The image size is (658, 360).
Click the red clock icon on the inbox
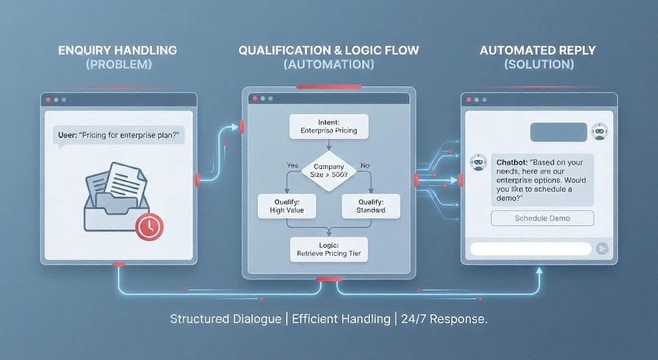point(150,227)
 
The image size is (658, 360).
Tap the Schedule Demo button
point(542,218)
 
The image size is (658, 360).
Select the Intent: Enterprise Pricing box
point(328,125)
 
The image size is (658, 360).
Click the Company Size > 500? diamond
point(328,169)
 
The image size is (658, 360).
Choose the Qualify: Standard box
point(371,205)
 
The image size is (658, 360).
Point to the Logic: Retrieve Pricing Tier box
point(328,249)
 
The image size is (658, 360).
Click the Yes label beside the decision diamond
point(292,165)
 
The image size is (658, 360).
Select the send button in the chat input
point(601,249)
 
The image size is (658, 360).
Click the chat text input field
point(530,249)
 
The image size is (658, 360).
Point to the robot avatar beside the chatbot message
point(477,162)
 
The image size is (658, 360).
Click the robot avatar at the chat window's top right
point(600,132)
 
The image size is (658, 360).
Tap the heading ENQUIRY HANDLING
point(117,50)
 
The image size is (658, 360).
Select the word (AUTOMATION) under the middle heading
point(328,64)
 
